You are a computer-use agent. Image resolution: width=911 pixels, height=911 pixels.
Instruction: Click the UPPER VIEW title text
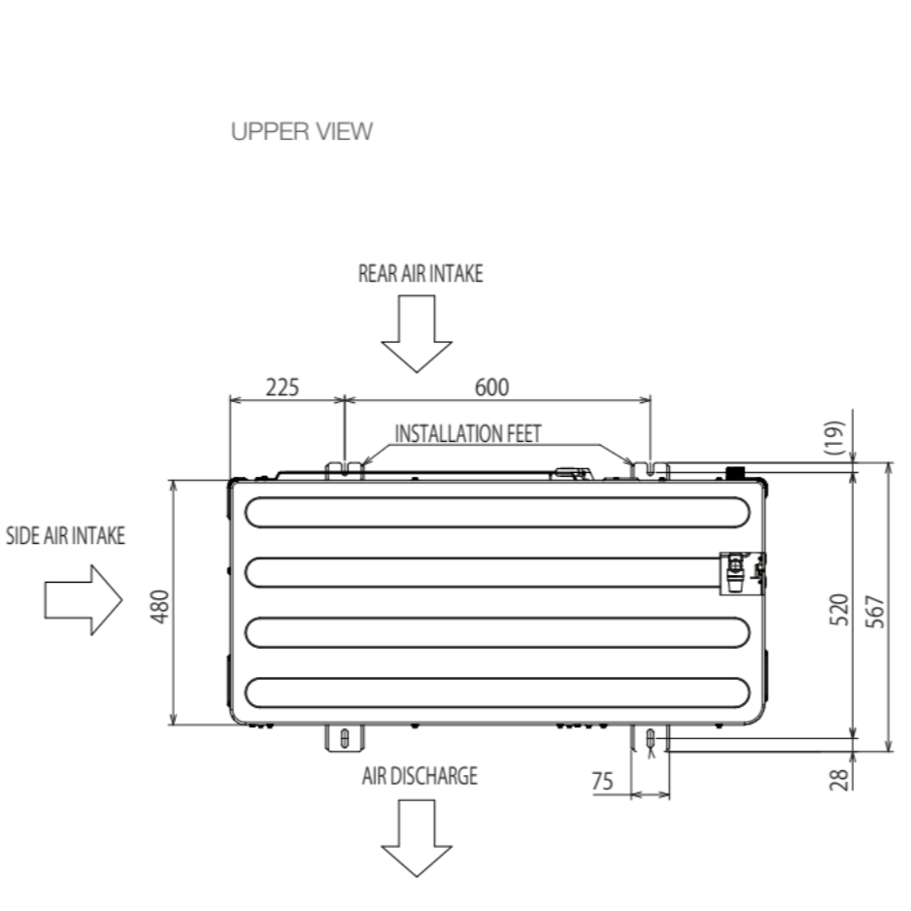301,132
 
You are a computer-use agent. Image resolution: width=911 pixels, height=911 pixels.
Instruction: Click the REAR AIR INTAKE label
420,273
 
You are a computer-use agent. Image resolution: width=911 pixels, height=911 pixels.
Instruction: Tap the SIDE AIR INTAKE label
66,537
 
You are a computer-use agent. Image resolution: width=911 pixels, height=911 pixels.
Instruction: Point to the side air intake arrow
83,601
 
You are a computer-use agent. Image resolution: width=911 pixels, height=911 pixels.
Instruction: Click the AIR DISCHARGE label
420,776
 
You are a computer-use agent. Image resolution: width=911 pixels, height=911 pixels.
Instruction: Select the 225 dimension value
283,387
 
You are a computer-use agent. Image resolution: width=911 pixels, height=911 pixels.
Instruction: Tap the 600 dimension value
491,387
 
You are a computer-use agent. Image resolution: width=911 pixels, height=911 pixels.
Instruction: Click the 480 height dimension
162,604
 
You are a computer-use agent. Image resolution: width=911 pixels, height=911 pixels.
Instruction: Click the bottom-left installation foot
342,738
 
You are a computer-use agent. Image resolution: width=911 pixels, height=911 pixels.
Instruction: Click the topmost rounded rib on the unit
496,512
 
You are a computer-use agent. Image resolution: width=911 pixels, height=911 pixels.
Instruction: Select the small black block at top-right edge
735,472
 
